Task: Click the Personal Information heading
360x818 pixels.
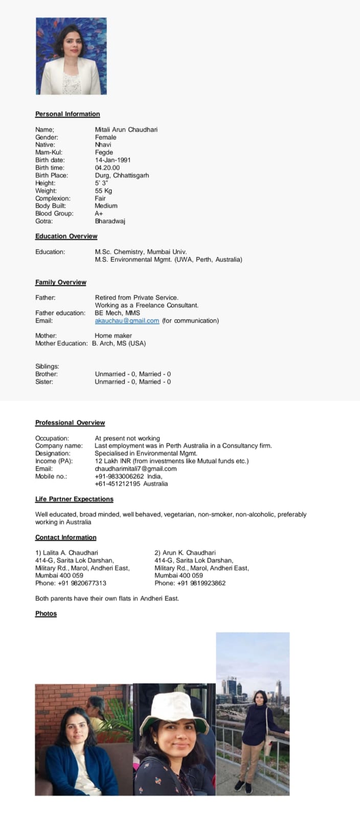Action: tap(67, 114)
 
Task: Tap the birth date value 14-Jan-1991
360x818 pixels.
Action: tap(112, 160)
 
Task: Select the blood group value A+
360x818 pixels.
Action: tap(99, 213)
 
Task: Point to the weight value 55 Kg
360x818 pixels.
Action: tap(103, 191)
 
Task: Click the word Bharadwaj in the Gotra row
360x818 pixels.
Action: tap(110, 221)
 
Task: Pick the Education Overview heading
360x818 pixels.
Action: tap(66, 236)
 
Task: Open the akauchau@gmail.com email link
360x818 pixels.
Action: tap(127, 321)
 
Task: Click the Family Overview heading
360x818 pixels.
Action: tap(60, 282)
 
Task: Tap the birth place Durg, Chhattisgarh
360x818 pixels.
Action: tap(122, 175)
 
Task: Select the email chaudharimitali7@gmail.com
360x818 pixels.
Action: tap(136, 468)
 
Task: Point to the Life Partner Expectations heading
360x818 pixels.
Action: tap(74, 499)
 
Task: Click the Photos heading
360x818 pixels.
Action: tap(46, 613)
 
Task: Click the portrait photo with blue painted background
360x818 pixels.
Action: tap(71, 56)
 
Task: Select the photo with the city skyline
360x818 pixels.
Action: tap(253, 713)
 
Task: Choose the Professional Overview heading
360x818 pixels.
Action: tap(70, 423)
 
